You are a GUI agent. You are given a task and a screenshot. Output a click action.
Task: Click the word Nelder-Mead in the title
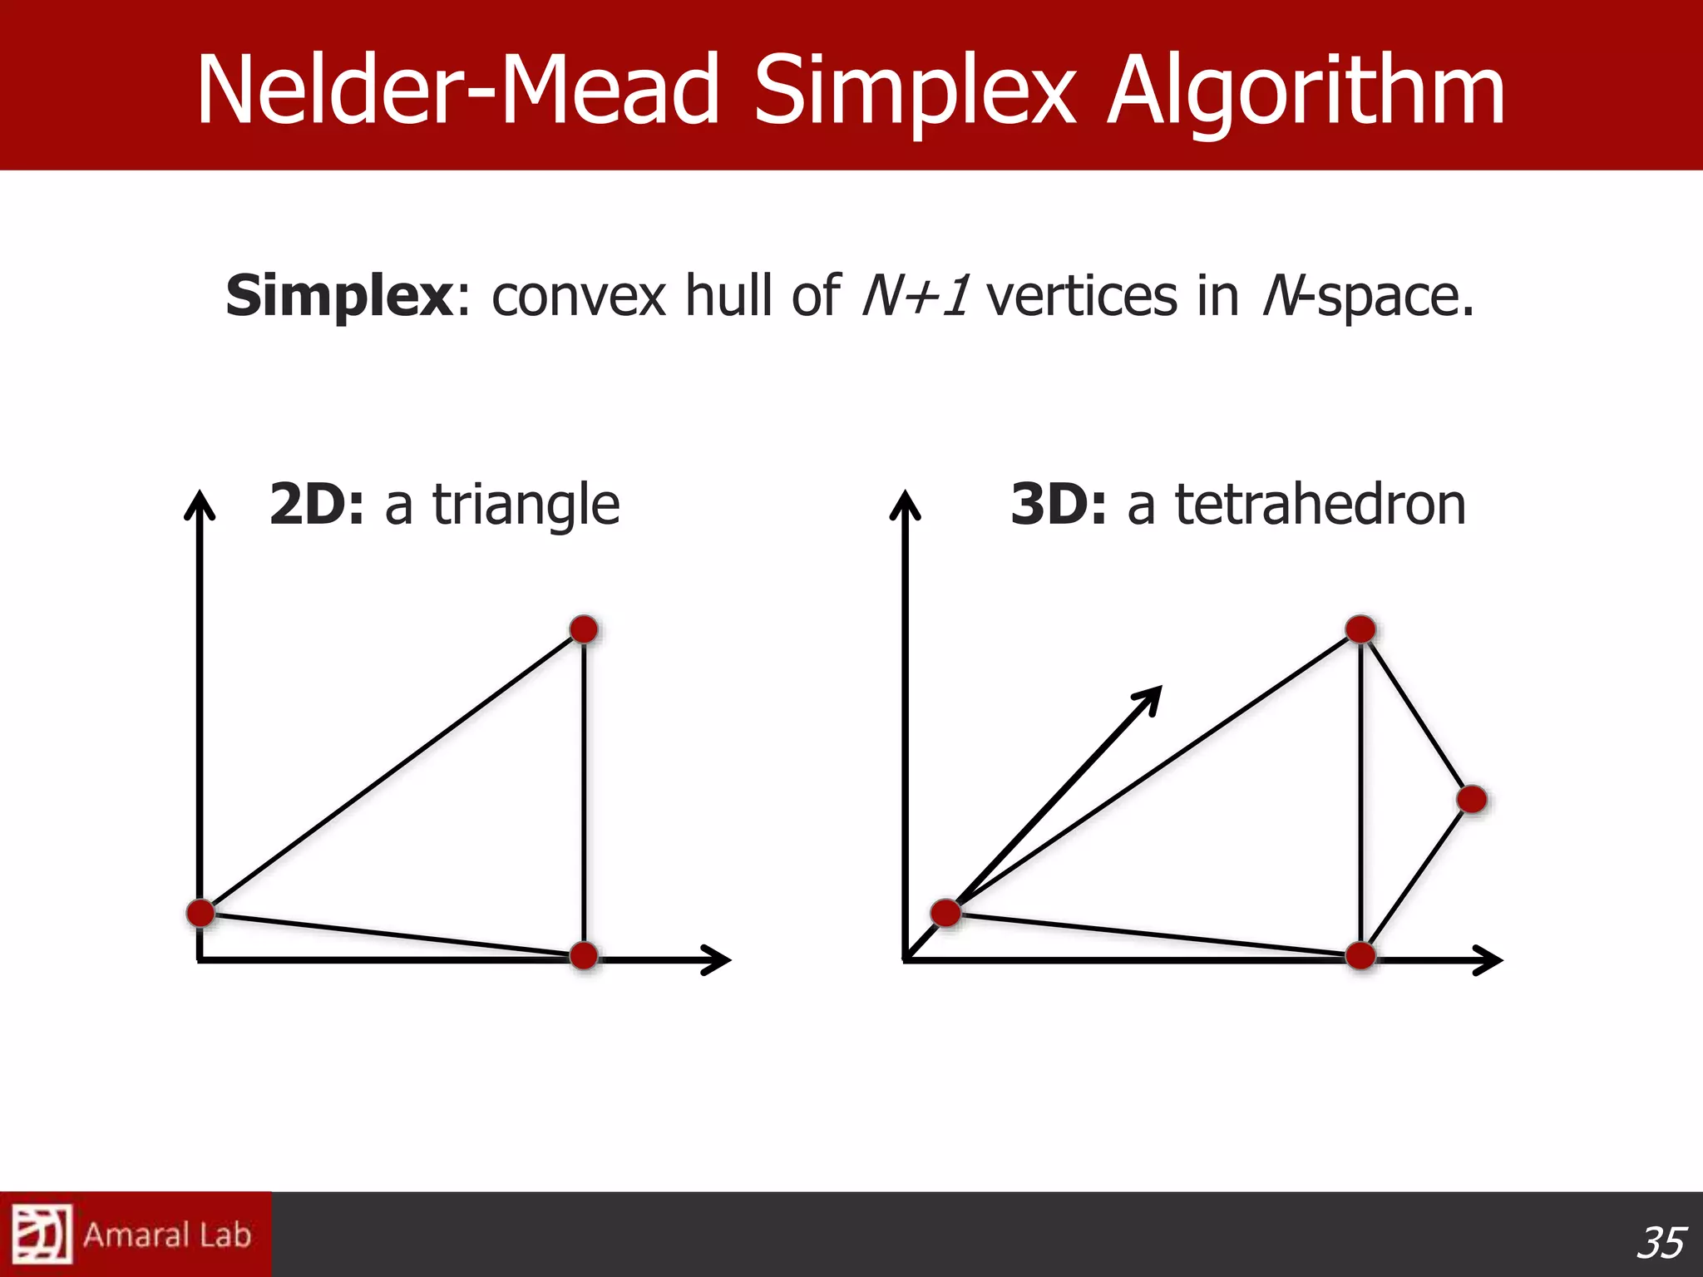[x=457, y=90]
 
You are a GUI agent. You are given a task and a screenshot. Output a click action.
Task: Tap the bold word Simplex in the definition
[x=339, y=297]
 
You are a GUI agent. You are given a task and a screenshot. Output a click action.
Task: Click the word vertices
[x=1082, y=296]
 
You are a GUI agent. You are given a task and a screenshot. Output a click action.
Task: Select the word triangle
[x=526, y=505]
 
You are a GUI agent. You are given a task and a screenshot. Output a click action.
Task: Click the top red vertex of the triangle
[x=584, y=629]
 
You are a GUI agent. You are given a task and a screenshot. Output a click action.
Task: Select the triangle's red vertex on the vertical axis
[x=200, y=913]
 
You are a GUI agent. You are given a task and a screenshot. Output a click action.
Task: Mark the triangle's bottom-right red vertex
[x=584, y=955]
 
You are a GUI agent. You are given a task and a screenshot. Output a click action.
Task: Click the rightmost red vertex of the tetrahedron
[x=1472, y=800]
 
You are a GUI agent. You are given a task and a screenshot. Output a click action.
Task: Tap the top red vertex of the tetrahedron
[x=1360, y=629]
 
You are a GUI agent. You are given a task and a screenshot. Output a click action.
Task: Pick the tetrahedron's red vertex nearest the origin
[x=945, y=913]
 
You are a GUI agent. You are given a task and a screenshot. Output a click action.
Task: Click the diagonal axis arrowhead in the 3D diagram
[x=1151, y=697]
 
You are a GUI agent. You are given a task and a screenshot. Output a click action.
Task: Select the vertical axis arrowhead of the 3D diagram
[x=905, y=502]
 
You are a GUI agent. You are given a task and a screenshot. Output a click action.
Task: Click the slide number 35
[x=1661, y=1243]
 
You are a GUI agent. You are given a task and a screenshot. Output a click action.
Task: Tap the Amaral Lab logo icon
[x=42, y=1235]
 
